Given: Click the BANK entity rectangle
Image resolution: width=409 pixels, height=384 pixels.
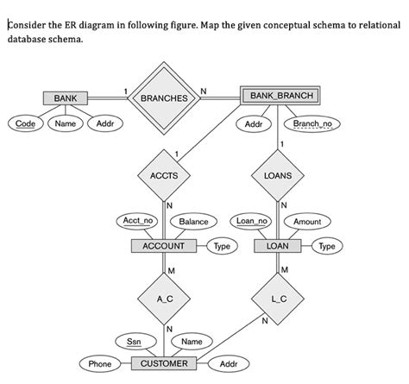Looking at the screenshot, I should pyautogui.click(x=65, y=98).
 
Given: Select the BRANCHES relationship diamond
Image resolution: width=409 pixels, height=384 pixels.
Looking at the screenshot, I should pyautogui.click(x=163, y=98).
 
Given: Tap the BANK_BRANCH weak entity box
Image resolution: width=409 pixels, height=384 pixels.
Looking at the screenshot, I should pyautogui.click(x=280, y=94).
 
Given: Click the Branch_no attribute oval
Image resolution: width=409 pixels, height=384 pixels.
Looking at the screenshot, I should pyautogui.click(x=317, y=124).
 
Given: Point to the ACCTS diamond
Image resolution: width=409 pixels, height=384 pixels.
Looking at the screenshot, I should pyautogui.click(x=163, y=176).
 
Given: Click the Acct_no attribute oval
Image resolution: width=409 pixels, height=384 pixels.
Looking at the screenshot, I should pyautogui.click(x=138, y=222).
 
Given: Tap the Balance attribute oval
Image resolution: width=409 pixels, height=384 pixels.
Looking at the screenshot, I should pyautogui.click(x=193, y=222).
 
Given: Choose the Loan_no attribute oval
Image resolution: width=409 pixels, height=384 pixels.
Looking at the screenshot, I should pyautogui.click(x=253, y=222).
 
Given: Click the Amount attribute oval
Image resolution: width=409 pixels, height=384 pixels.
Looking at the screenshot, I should pyautogui.click(x=307, y=222).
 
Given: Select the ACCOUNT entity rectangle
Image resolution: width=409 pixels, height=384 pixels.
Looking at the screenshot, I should pyautogui.click(x=163, y=246).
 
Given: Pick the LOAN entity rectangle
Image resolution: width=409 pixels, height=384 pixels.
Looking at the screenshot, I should pyautogui.click(x=278, y=246).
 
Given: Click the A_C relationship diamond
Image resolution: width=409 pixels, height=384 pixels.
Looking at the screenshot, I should pyautogui.click(x=163, y=298).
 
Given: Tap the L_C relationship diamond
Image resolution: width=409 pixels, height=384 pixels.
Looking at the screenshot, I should pyautogui.click(x=278, y=298).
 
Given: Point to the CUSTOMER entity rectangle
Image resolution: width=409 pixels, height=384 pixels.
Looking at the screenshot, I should pyautogui.click(x=163, y=363).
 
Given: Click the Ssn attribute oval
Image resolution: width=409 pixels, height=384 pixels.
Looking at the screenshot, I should pyautogui.click(x=135, y=342).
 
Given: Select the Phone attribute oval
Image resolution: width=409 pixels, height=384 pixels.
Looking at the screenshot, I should pyautogui.click(x=100, y=364).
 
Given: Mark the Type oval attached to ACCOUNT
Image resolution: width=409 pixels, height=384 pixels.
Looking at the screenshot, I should pyautogui.click(x=222, y=246).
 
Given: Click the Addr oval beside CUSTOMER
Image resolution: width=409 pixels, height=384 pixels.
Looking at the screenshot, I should pyautogui.click(x=229, y=364).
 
